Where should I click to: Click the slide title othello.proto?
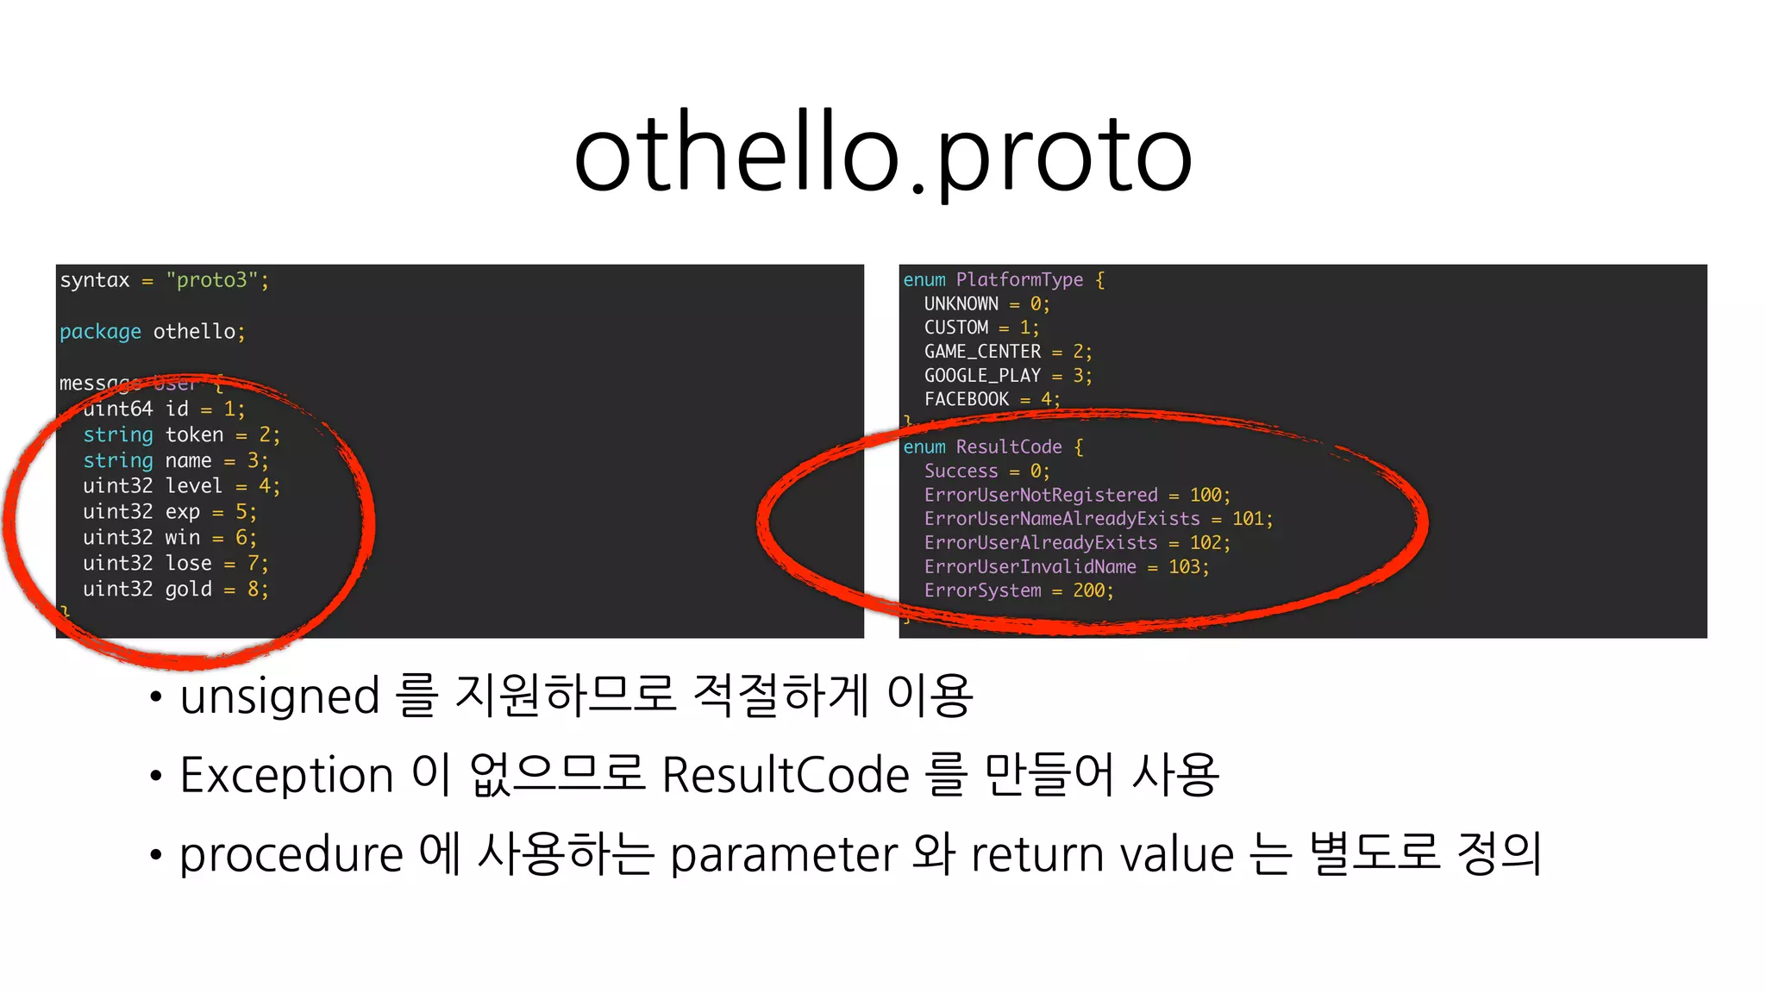[x=882, y=156]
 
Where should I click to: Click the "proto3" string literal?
[x=211, y=280]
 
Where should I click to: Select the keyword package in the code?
[x=100, y=332]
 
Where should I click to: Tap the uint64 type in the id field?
[x=118, y=409]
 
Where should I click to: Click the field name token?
[x=194, y=434]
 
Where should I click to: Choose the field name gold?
[x=188, y=590]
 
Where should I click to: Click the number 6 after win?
[x=241, y=538]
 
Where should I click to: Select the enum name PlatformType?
[x=1019, y=279]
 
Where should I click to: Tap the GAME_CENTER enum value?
[x=982, y=352]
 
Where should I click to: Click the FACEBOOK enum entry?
[x=966, y=399]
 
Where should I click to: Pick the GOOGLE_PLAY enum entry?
[x=982, y=376]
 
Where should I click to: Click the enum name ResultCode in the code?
[x=1008, y=447]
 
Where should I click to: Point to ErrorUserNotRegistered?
[x=1041, y=495]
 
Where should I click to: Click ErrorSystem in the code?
[x=982, y=590]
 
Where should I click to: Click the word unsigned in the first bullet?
[x=279, y=696]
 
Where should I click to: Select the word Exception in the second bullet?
[x=286, y=774]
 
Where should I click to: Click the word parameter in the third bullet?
[x=784, y=854]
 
